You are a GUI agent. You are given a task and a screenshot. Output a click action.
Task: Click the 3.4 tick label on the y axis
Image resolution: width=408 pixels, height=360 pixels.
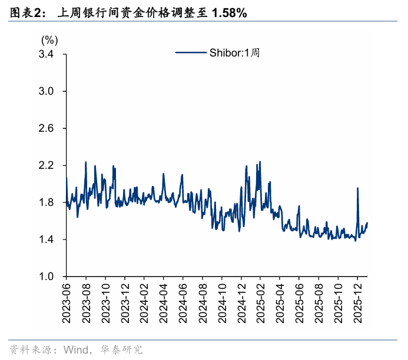(46, 54)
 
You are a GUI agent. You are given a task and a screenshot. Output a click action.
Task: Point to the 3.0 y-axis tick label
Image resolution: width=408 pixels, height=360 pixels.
(46, 91)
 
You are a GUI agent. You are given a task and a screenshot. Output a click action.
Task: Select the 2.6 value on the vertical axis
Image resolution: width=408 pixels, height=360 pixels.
(46, 128)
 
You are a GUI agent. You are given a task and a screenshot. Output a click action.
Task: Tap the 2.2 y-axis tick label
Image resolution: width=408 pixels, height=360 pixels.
(46, 165)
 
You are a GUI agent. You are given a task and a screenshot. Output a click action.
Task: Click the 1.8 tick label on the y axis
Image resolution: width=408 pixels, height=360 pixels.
(46, 202)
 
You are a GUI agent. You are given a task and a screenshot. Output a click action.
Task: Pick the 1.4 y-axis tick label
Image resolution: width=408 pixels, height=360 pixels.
(46, 239)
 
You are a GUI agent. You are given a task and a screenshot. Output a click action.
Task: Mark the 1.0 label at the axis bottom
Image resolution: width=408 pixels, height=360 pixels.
(46, 276)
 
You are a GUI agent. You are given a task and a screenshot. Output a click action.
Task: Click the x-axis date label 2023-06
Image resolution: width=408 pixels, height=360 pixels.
(67, 303)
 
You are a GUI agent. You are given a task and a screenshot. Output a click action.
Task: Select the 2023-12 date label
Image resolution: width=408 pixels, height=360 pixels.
(125, 303)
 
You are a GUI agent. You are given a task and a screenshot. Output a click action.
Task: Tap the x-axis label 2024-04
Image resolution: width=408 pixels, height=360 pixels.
(164, 303)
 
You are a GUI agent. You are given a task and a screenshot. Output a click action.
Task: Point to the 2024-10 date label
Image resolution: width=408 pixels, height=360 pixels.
(222, 303)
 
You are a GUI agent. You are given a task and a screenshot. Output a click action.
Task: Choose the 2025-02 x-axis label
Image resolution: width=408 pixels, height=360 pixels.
(260, 303)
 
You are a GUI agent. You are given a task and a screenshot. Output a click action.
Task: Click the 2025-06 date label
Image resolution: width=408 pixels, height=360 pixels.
(299, 303)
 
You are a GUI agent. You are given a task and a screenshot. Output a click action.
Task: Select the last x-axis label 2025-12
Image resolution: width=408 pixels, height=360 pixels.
(358, 303)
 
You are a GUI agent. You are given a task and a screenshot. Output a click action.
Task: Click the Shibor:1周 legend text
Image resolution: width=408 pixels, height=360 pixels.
(235, 53)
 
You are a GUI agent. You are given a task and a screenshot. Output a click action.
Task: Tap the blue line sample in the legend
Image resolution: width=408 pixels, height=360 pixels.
(191, 52)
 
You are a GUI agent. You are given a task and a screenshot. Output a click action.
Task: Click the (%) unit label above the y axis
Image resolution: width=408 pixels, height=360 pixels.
(49, 41)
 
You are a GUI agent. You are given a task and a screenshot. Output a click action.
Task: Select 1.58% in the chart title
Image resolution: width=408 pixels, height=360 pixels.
(230, 13)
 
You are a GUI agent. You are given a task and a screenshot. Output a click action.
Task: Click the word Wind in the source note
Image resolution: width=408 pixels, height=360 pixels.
(76, 350)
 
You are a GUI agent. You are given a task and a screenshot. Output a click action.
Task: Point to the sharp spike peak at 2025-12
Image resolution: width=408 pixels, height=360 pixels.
(357, 188)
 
